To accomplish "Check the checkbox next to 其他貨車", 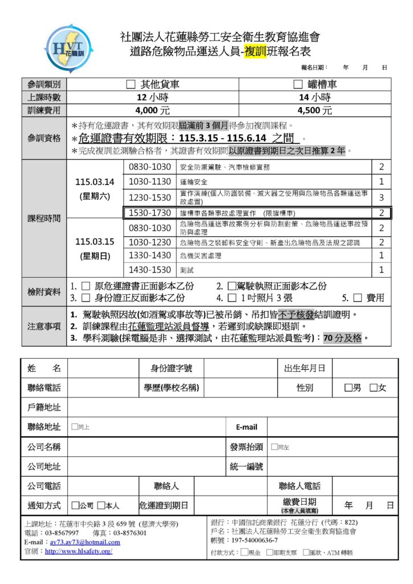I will point(131,84).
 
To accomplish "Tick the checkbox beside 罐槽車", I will point(297,84).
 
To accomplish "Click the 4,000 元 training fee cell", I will point(152,111).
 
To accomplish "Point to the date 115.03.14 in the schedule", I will point(95,182).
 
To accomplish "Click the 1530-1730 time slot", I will point(150,213).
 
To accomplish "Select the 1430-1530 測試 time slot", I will point(150,270).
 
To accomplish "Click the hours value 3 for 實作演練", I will point(382,197).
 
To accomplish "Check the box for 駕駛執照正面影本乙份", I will point(232,286).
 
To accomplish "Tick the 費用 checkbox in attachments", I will point(358,298).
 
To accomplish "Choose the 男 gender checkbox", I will point(348,388).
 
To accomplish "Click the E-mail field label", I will point(246,427).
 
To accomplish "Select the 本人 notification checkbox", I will point(101,505).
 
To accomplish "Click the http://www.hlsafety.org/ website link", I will point(78,551).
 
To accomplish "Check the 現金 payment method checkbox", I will point(244,552).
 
